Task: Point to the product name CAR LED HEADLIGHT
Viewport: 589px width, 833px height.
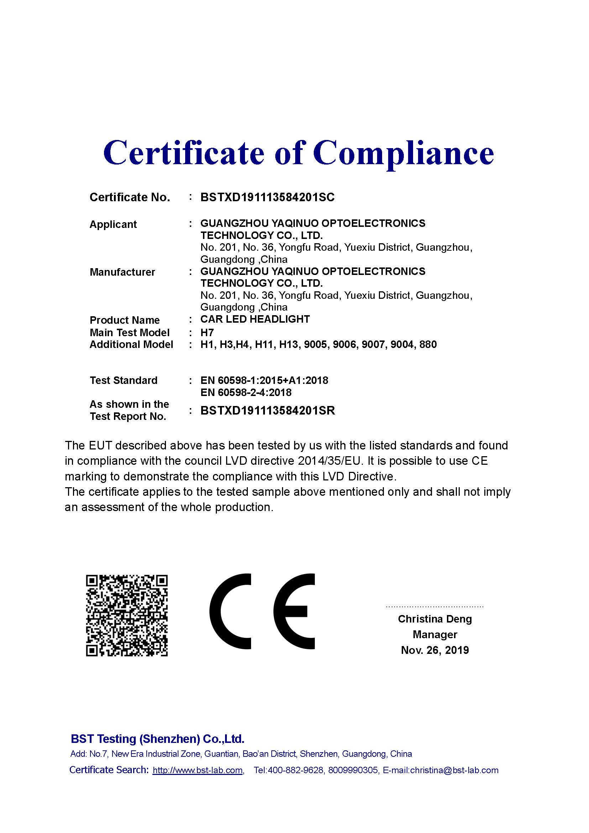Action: [255, 319]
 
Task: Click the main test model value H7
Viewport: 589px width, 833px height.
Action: [207, 332]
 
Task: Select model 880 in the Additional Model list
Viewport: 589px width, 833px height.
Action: [428, 344]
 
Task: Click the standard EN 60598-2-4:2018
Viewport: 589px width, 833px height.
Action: [246, 392]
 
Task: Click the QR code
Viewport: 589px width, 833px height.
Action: [126, 615]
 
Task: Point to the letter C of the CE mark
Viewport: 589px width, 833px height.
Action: [231, 611]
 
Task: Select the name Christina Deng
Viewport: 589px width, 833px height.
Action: [434, 619]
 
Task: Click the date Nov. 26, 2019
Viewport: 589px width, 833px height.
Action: [434, 650]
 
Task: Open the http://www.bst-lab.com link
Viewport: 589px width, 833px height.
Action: [198, 770]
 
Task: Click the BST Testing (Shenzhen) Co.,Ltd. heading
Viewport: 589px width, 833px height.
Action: [157, 739]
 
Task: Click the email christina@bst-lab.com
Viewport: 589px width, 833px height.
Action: [454, 770]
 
